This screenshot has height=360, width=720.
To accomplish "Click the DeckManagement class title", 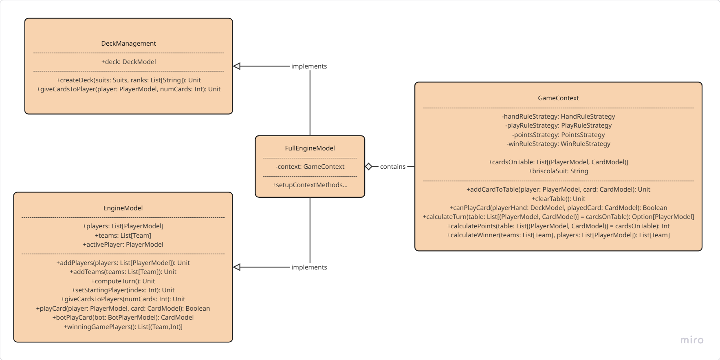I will click(128, 44).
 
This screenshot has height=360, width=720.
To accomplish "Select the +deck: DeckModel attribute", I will click(128, 62).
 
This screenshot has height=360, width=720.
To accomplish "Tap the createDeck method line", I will click(128, 80).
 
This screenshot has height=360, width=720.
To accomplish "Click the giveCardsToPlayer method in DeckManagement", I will click(128, 89).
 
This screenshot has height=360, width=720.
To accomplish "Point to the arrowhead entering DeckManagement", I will click(237, 66).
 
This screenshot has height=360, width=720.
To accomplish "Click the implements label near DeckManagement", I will click(309, 66).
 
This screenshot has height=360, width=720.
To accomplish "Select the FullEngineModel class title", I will click(310, 148).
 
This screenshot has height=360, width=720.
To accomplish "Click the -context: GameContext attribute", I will click(310, 167).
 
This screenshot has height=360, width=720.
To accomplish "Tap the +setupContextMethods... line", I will click(310, 185).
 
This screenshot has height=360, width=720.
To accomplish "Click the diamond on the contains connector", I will click(368, 166).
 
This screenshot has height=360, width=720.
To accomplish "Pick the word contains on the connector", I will click(392, 167).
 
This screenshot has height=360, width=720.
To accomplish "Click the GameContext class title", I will click(558, 98).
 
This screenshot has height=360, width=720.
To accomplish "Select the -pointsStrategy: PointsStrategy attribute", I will click(558, 135).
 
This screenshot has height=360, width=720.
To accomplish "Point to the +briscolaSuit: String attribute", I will click(558, 171).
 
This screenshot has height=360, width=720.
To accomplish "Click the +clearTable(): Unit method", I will click(558, 199).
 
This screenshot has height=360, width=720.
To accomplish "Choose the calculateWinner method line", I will click(558, 235).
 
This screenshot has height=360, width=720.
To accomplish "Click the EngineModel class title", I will click(123, 208).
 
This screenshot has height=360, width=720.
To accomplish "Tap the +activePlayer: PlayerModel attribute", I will click(123, 245).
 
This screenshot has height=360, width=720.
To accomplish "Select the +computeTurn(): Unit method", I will click(123, 281).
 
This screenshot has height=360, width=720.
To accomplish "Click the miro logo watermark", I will click(691, 340).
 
